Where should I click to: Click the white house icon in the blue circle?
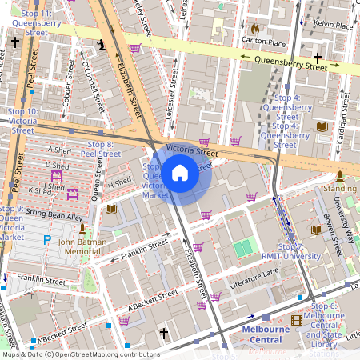click(x=180, y=172)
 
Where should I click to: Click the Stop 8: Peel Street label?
click(x=102, y=148)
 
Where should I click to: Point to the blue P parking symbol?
click(x=47, y=239)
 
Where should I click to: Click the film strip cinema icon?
click(x=297, y=320)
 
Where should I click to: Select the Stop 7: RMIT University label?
click(x=290, y=253)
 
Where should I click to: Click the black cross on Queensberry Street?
click(x=318, y=58)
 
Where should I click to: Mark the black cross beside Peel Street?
click(x=15, y=41)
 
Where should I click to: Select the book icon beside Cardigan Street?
click(x=322, y=126)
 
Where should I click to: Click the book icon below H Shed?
click(x=110, y=210)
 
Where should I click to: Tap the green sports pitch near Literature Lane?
click(x=242, y=249)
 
